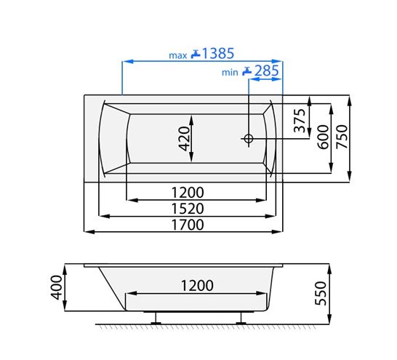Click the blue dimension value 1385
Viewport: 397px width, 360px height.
point(218,53)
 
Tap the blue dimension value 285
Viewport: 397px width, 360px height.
point(267,71)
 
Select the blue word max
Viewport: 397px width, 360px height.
point(178,55)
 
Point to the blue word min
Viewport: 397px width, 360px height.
point(230,73)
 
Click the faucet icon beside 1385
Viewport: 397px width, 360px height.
point(196,54)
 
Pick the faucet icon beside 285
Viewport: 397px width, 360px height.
point(247,71)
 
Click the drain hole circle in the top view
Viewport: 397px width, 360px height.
point(249,138)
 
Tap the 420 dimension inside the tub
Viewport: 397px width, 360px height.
point(184,138)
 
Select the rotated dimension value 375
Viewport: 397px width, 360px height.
point(300,121)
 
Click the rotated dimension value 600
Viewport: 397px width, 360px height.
point(323,137)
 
